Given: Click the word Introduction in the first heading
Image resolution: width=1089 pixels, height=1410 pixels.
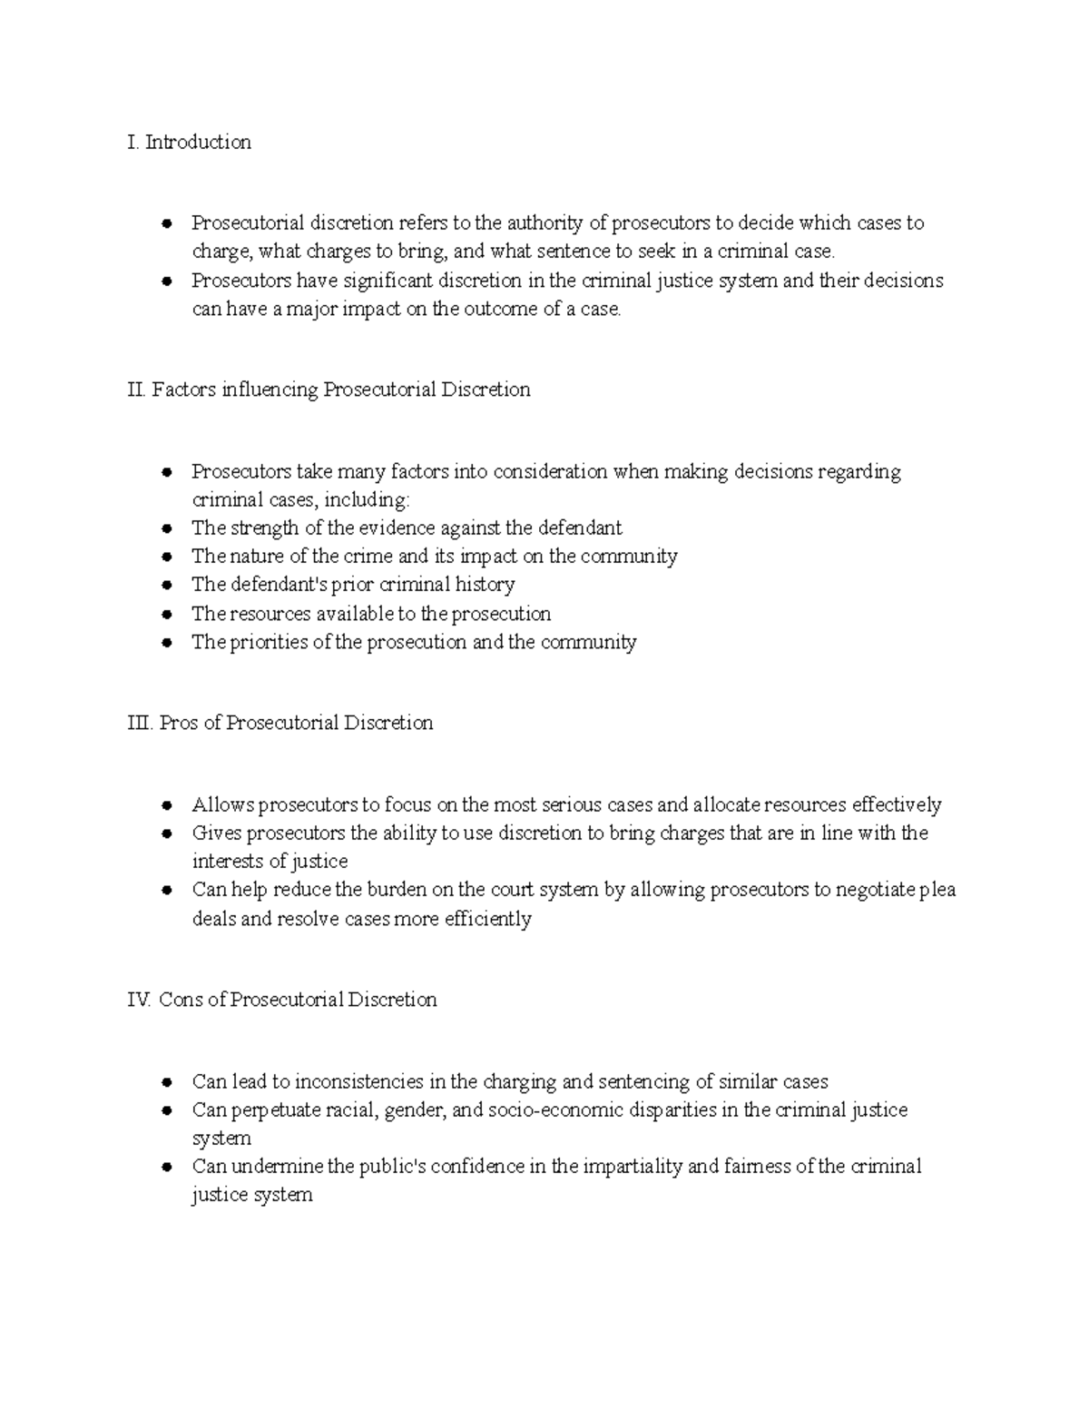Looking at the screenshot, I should click(x=198, y=143).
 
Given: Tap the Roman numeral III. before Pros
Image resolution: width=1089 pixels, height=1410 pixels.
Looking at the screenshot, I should click(x=140, y=724).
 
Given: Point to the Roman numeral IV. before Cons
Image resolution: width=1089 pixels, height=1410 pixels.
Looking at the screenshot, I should click(x=139, y=1000).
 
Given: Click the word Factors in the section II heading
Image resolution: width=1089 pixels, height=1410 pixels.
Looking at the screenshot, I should click(x=184, y=390).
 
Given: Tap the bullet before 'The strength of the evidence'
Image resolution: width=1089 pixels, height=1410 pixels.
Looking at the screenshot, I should click(x=166, y=528).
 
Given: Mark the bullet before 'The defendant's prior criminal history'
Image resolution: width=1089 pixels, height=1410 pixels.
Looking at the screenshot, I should click(x=166, y=586).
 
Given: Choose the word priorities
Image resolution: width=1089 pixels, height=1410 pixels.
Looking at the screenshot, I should click(x=266, y=643).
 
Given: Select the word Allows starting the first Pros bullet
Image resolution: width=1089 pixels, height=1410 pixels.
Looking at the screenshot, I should click(x=223, y=805).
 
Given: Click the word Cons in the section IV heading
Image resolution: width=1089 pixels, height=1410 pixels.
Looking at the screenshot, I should click(x=181, y=1000).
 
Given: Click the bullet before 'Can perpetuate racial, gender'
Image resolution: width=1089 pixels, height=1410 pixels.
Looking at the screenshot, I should click(x=166, y=1110).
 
